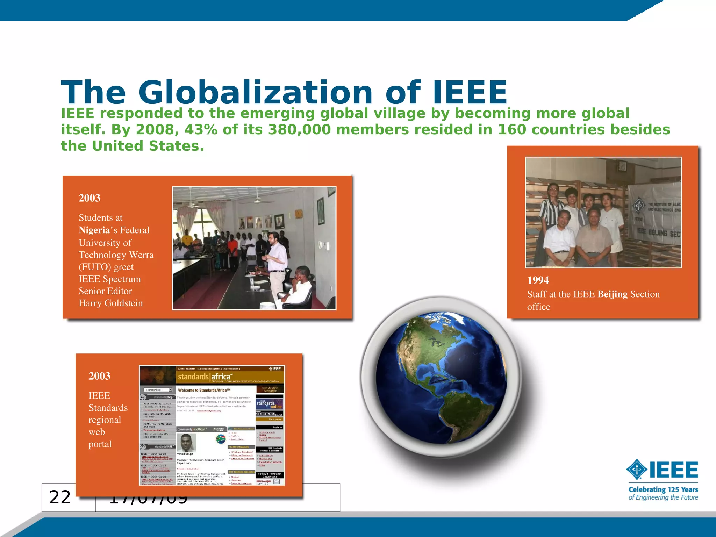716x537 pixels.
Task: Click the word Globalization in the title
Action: point(256,92)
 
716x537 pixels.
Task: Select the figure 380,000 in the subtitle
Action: point(299,130)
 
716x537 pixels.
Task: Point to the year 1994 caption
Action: point(538,280)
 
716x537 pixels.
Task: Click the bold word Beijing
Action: point(613,294)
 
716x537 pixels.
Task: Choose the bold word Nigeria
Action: point(94,230)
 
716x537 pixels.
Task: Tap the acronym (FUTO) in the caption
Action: point(94,267)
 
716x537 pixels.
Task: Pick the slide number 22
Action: point(60,497)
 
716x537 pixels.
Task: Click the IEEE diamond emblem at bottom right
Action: point(637,470)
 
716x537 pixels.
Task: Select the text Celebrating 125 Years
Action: point(663,489)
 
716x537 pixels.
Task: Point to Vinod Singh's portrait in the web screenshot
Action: point(186,442)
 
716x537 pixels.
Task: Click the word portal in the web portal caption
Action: point(100,444)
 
